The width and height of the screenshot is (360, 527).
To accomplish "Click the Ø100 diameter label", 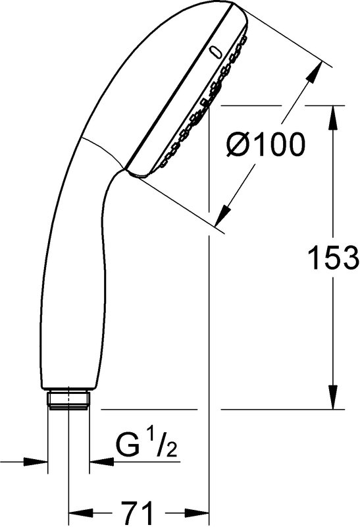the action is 265,144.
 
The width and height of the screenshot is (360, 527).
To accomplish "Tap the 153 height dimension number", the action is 333,258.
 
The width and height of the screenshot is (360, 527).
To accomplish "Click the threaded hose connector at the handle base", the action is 68,401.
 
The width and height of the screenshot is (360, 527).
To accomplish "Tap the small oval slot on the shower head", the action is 215,53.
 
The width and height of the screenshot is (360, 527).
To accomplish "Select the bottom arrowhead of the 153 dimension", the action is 333,398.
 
